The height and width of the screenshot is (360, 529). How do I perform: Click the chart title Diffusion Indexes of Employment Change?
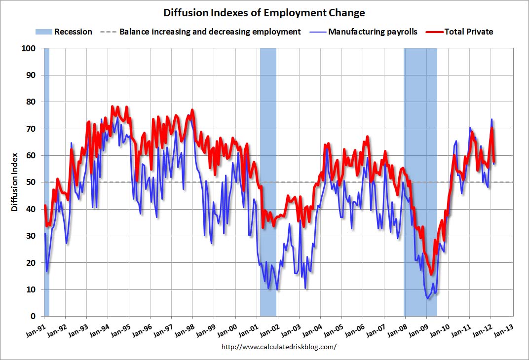tap(264, 12)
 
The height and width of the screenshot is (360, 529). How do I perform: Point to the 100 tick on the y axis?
tap(29, 48)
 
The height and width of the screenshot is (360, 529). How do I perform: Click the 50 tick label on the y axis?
tap(31, 182)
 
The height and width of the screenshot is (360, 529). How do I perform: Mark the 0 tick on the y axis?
tap(33, 316)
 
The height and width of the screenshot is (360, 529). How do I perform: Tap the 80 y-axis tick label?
tap(31, 102)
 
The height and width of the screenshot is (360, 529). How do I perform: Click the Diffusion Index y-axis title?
tap(14, 182)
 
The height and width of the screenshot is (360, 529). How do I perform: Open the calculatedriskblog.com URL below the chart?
tap(279, 347)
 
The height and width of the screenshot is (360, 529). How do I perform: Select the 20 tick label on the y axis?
tap(31, 263)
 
